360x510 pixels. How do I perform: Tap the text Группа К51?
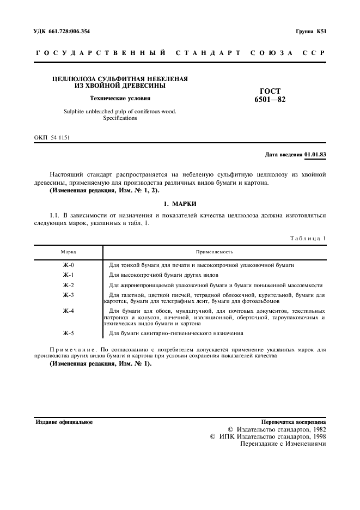[311, 31]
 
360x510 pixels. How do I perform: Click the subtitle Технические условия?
[120, 98]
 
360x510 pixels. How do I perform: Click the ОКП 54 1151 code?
[52, 138]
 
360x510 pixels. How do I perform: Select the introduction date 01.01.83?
[315, 154]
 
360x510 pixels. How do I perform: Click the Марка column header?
[68, 252]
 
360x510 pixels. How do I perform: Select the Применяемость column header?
[215, 252]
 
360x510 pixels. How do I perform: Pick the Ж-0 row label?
[68, 265]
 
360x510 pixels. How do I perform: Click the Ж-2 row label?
[68, 285]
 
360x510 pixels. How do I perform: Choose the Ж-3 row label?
[68, 295]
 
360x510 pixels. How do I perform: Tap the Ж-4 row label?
[68, 311]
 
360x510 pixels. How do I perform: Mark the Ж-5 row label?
[68, 333]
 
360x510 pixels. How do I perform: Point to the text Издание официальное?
[64, 422]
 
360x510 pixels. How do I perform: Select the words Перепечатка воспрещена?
[294, 422]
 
